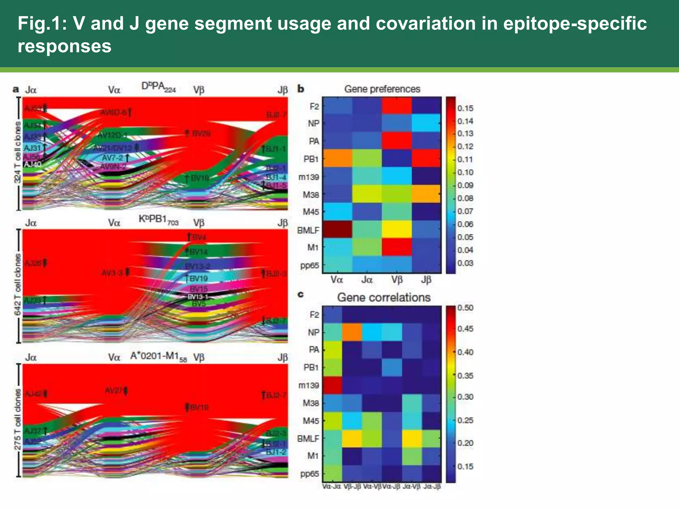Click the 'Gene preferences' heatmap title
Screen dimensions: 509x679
382,89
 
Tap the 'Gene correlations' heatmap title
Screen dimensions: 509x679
384,297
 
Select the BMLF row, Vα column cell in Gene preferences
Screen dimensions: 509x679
337,229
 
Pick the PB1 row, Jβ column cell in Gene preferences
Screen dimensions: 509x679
426,158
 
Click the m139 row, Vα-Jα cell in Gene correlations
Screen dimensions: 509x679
332,385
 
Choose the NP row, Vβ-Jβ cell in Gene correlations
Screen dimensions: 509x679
352,332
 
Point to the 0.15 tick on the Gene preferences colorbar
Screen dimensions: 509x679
465,108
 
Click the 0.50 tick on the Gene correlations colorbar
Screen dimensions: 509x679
465,308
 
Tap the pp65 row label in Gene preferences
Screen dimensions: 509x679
309,265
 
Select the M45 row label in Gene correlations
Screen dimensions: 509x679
311,421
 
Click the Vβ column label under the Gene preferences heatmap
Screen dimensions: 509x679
397,280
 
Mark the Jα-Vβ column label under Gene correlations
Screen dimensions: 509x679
411,486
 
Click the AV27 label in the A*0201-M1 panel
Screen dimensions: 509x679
114,390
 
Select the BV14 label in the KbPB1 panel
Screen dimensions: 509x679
198,252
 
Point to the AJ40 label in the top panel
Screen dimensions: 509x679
32,164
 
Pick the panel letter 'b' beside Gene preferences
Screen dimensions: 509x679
301,89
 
